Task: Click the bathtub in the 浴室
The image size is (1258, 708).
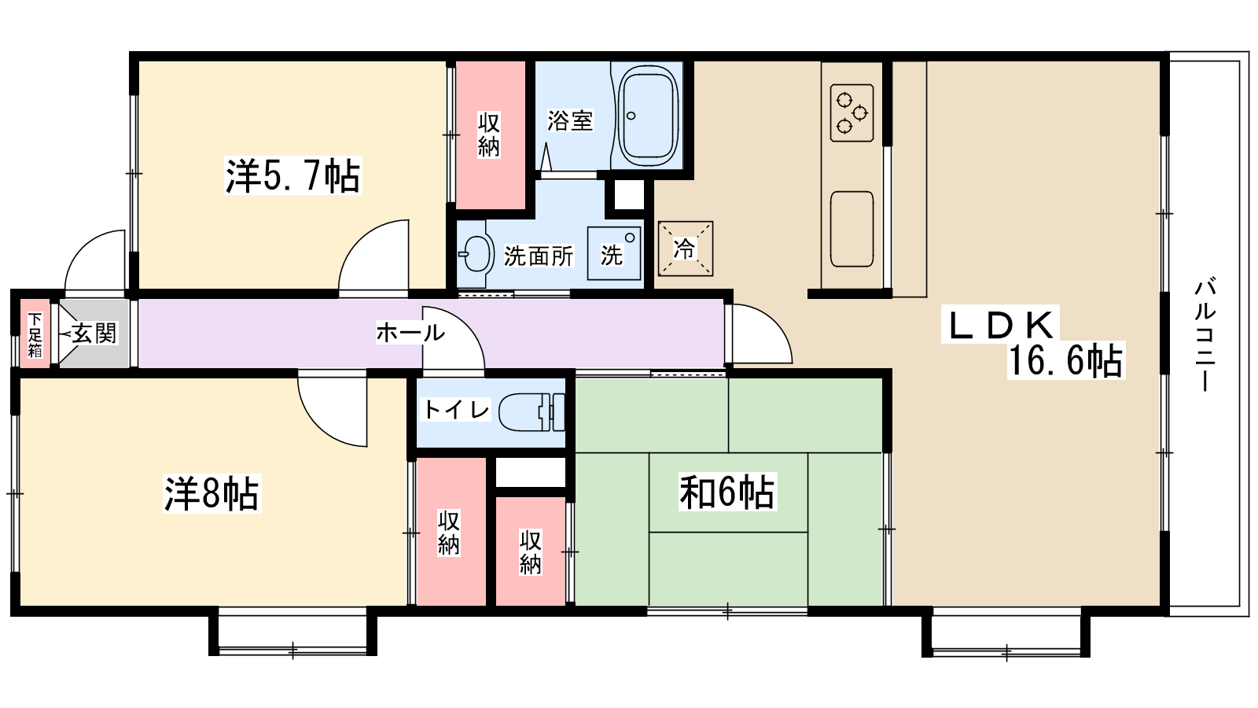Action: pyautogui.click(x=648, y=116)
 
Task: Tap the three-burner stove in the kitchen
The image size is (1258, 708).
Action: pyautogui.click(x=852, y=112)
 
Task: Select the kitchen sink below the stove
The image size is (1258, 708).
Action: pyautogui.click(x=852, y=229)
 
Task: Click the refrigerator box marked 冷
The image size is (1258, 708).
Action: pyautogui.click(x=685, y=249)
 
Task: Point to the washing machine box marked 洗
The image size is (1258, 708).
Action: pyautogui.click(x=614, y=253)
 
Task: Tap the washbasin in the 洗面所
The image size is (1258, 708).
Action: pyautogui.click(x=476, y=253)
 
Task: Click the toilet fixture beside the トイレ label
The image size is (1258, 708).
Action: pyautogui.click(x=532, y=412)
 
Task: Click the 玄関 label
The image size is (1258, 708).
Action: pyautogui.click(x=94, y=334)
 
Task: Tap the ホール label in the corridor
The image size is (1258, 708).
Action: pyautogui.click(x=410, y=333)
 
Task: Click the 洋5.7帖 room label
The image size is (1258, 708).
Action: pyautogui.click(x=292, y=176)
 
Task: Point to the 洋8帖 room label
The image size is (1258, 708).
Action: pyautogui.click(x=212, y=493)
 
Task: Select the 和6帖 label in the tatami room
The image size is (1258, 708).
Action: pyautogui.click(x=727, y=492)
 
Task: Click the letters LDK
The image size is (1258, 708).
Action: pyautogui.click(x=1000, y=325)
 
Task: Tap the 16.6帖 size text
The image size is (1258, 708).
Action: pyautogui.click(x=1065, y=360)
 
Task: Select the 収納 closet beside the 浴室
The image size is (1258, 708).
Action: pyautogui.click(x=491, y=135)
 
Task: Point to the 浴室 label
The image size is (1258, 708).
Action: pyautogui.click(x=570, y=121)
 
